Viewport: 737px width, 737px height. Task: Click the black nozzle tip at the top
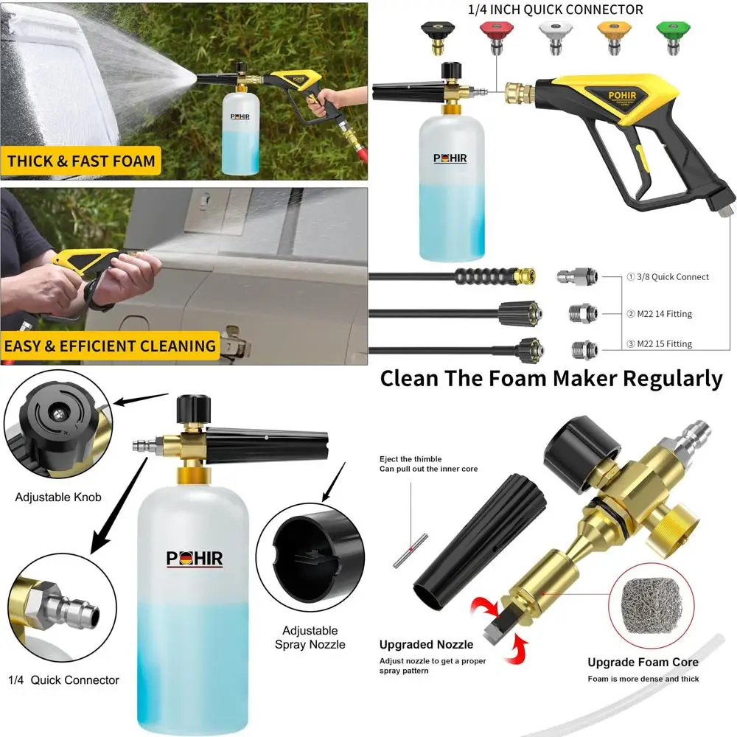438,36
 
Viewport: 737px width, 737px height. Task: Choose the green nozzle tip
673,36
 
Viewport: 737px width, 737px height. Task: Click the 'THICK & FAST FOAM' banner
81,161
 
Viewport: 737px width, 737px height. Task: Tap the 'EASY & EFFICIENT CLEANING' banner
111,346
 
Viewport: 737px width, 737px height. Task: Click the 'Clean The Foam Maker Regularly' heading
551,379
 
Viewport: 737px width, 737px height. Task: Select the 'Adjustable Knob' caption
58,497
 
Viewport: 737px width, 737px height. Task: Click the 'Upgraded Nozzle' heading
427,645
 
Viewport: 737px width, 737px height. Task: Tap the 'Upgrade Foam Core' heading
643,662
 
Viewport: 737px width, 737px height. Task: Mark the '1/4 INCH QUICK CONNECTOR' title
556,10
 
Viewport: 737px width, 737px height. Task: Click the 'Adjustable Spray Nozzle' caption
310,638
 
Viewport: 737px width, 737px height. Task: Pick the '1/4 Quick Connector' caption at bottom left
63,680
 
